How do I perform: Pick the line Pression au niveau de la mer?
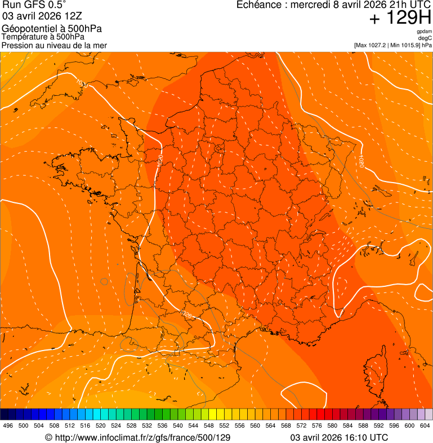(x=54, y=45)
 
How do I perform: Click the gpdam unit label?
(x=425, y=32)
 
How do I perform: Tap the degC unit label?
(x=426, y=38)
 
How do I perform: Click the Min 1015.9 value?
(x=404, y=45)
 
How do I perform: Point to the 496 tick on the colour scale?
(x=8, y=426)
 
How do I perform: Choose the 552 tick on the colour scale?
(x=224, y=426)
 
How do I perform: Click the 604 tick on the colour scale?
(x=425, y=426)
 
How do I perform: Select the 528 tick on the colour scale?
(x=131, y=426)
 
